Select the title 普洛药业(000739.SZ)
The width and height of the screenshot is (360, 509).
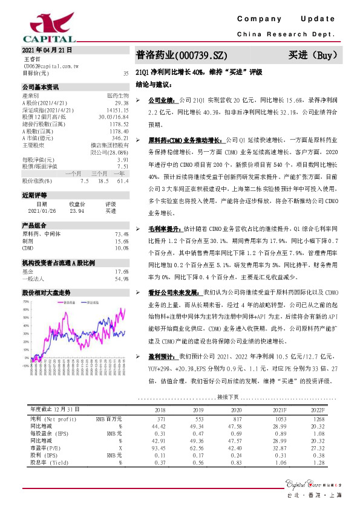pos(182,55)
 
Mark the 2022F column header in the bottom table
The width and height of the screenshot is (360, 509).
pos(317,409)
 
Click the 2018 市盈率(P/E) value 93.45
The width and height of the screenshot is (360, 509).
pos(160,448)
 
